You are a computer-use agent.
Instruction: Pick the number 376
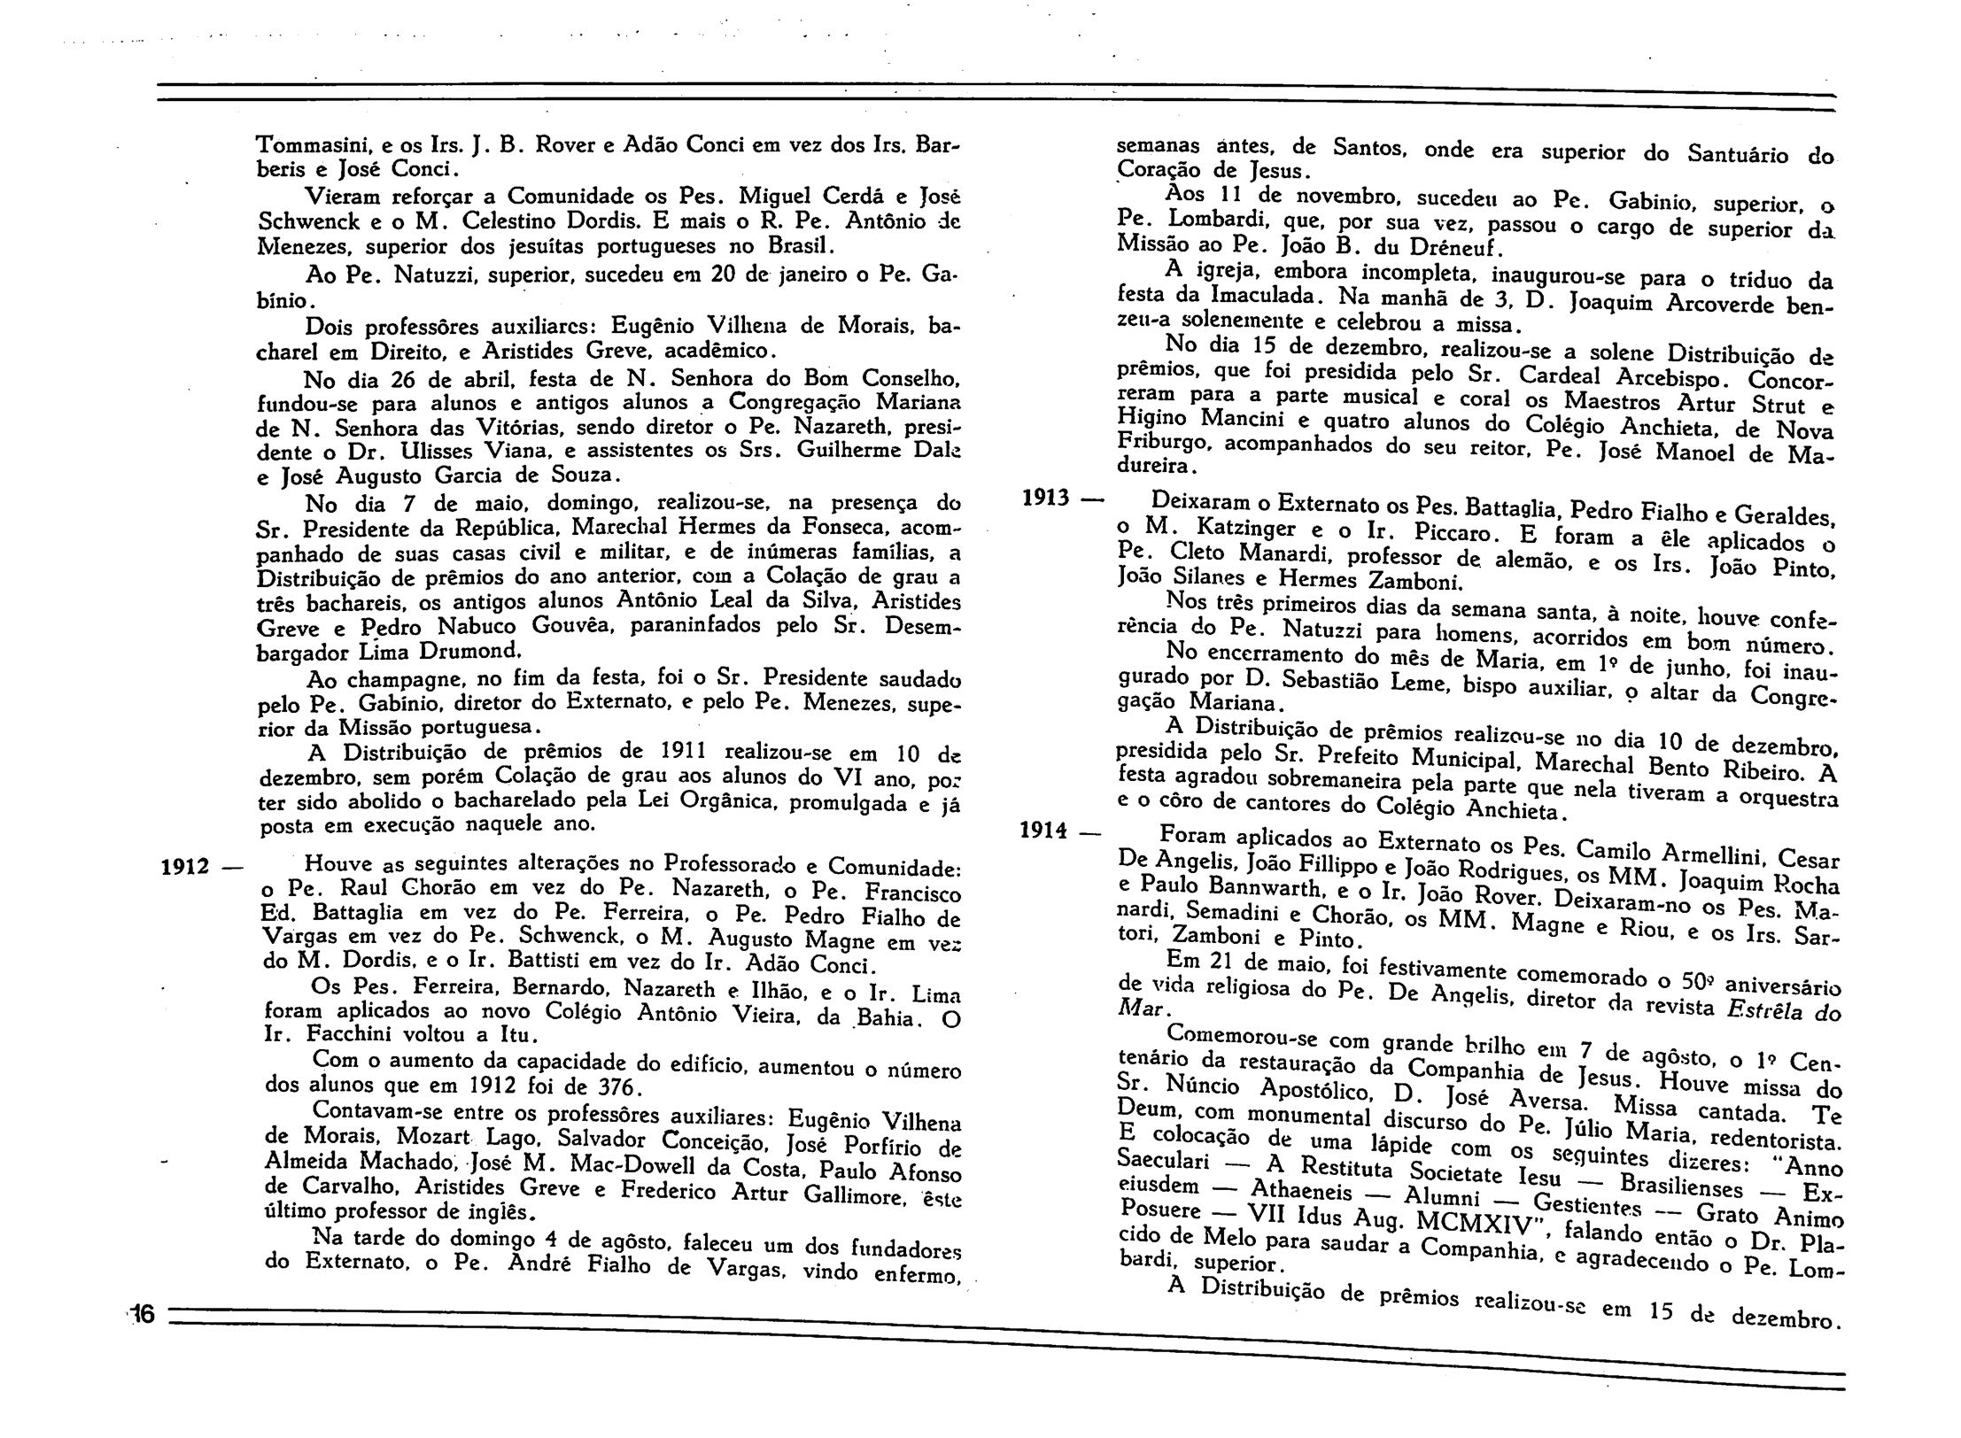[x=621, y=1086]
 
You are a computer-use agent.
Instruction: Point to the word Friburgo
[x=1160, y=442]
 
